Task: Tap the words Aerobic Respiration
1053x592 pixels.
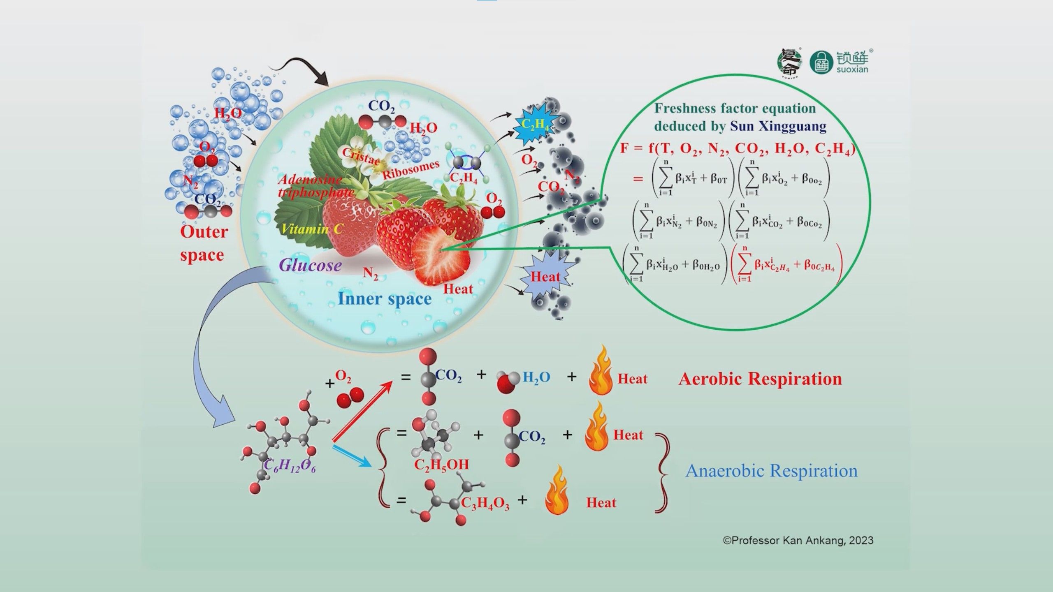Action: pyautogui.click(x=760, y=379)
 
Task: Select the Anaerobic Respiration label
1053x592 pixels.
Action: pyautogui.click(x=771, y=471)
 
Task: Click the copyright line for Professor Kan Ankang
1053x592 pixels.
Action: pyautogui.click(x=798, y=540)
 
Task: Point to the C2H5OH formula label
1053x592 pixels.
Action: pyautogui.click(x=441, y=465)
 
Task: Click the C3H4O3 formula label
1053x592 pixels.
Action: pyautogui.click(x=485, y=504)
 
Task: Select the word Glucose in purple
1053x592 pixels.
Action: pyautogui.click(x=310, y=265)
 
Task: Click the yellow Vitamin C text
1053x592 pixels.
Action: pyautogui.click(x=312, y=229)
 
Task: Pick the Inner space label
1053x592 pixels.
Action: pyautogui.click(x=384, y=299)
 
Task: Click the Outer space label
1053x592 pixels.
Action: pyautogui.click(x=203, y=243)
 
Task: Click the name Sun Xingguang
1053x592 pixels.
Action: pyautogui.click(x=778, y=126)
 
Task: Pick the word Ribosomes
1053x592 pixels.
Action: pyautogui.click(x=411, y=169)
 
